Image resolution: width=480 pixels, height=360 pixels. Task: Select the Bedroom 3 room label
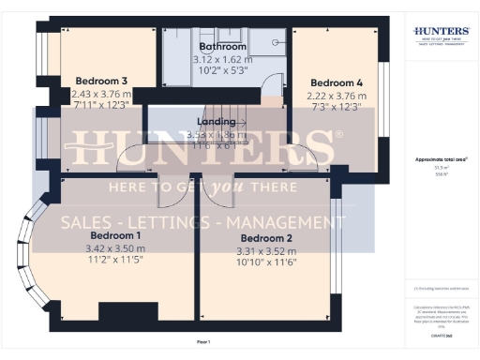101,80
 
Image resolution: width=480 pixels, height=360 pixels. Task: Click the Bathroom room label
223,46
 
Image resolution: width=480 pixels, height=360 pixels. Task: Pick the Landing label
216,122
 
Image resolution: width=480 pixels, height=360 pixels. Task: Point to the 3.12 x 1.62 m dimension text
223,59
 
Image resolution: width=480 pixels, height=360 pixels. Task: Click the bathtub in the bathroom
177,59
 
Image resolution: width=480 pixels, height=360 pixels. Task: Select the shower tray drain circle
277,41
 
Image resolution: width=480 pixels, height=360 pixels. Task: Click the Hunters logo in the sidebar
442,35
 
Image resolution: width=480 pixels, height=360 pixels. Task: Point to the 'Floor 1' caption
204,341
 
